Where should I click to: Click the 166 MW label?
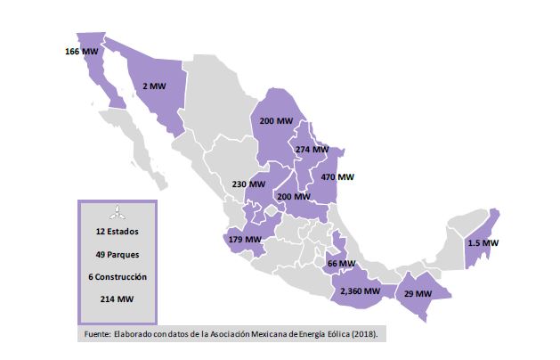tap(82, 52)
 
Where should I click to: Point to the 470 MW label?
tap(338, 176)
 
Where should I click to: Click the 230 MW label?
tap(248, 184)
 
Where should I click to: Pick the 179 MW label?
tap(244, 239)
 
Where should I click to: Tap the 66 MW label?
tap(341, 264)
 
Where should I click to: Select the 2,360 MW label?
tap(360, 290)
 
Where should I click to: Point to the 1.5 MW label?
tap(483, 242)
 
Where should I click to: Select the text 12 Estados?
tap(117, 231)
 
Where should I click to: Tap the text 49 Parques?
tap(117, 254)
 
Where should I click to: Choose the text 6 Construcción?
tap(117, 277)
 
